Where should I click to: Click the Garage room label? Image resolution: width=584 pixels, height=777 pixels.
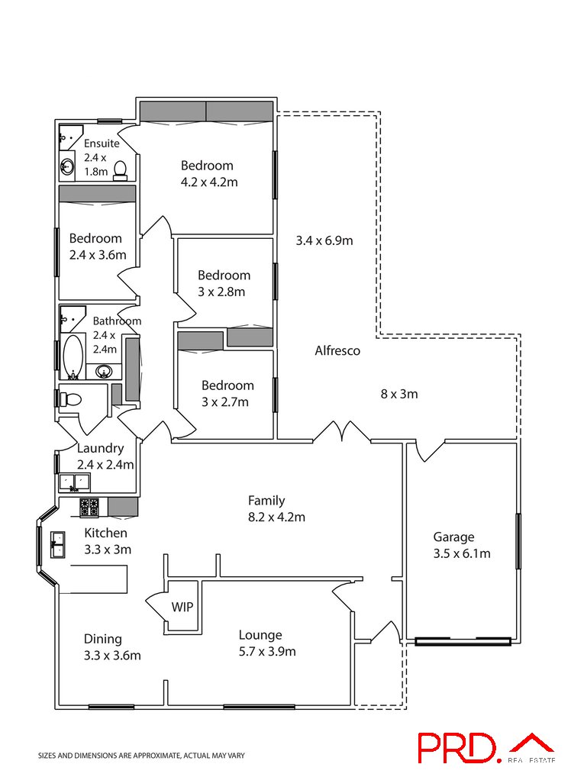pyautogui.click(x=453, y=537)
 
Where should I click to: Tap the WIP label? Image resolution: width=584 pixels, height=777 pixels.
pyautogui.click(x=182, y=607)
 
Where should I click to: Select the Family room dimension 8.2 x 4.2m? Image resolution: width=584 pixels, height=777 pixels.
pyautogui.click(x=276, y=517)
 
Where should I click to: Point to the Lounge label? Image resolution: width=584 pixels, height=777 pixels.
pyautogui.click(x=260, y=635)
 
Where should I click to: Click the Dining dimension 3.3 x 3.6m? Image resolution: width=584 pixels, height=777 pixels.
pyautogui.click(x=112, y=656)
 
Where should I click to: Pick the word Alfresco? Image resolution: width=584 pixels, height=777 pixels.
pyautogui.click(x=337, y=351)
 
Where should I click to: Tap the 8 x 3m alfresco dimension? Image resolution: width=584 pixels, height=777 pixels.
pyautogui.click(x=399, y=394)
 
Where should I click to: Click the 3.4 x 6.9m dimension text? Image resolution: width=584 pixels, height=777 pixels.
pyautogui.click(x=324, y=241)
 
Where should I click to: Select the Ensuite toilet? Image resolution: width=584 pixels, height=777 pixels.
pyautogui.click(x=120, y=170)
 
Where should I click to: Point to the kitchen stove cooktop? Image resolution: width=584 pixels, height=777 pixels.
pyautogui.click(x=89, y=508)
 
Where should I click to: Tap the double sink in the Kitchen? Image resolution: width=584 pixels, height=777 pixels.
pyautogui.click(x=57, y=545)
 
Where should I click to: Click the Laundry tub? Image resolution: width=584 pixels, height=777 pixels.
pyautogui.click(x=74, y=482)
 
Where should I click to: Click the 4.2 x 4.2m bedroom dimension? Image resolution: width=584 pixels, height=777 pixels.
pyautogui.click(x=209, y=182)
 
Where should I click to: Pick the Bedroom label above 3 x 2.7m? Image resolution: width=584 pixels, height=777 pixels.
pyautogui.click(x=227, y=385)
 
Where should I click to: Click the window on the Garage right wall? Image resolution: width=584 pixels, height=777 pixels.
pyautogui.click(x=518, y=541)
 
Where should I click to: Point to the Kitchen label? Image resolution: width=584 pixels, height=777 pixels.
pyautogui.click(x=105, y=534)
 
